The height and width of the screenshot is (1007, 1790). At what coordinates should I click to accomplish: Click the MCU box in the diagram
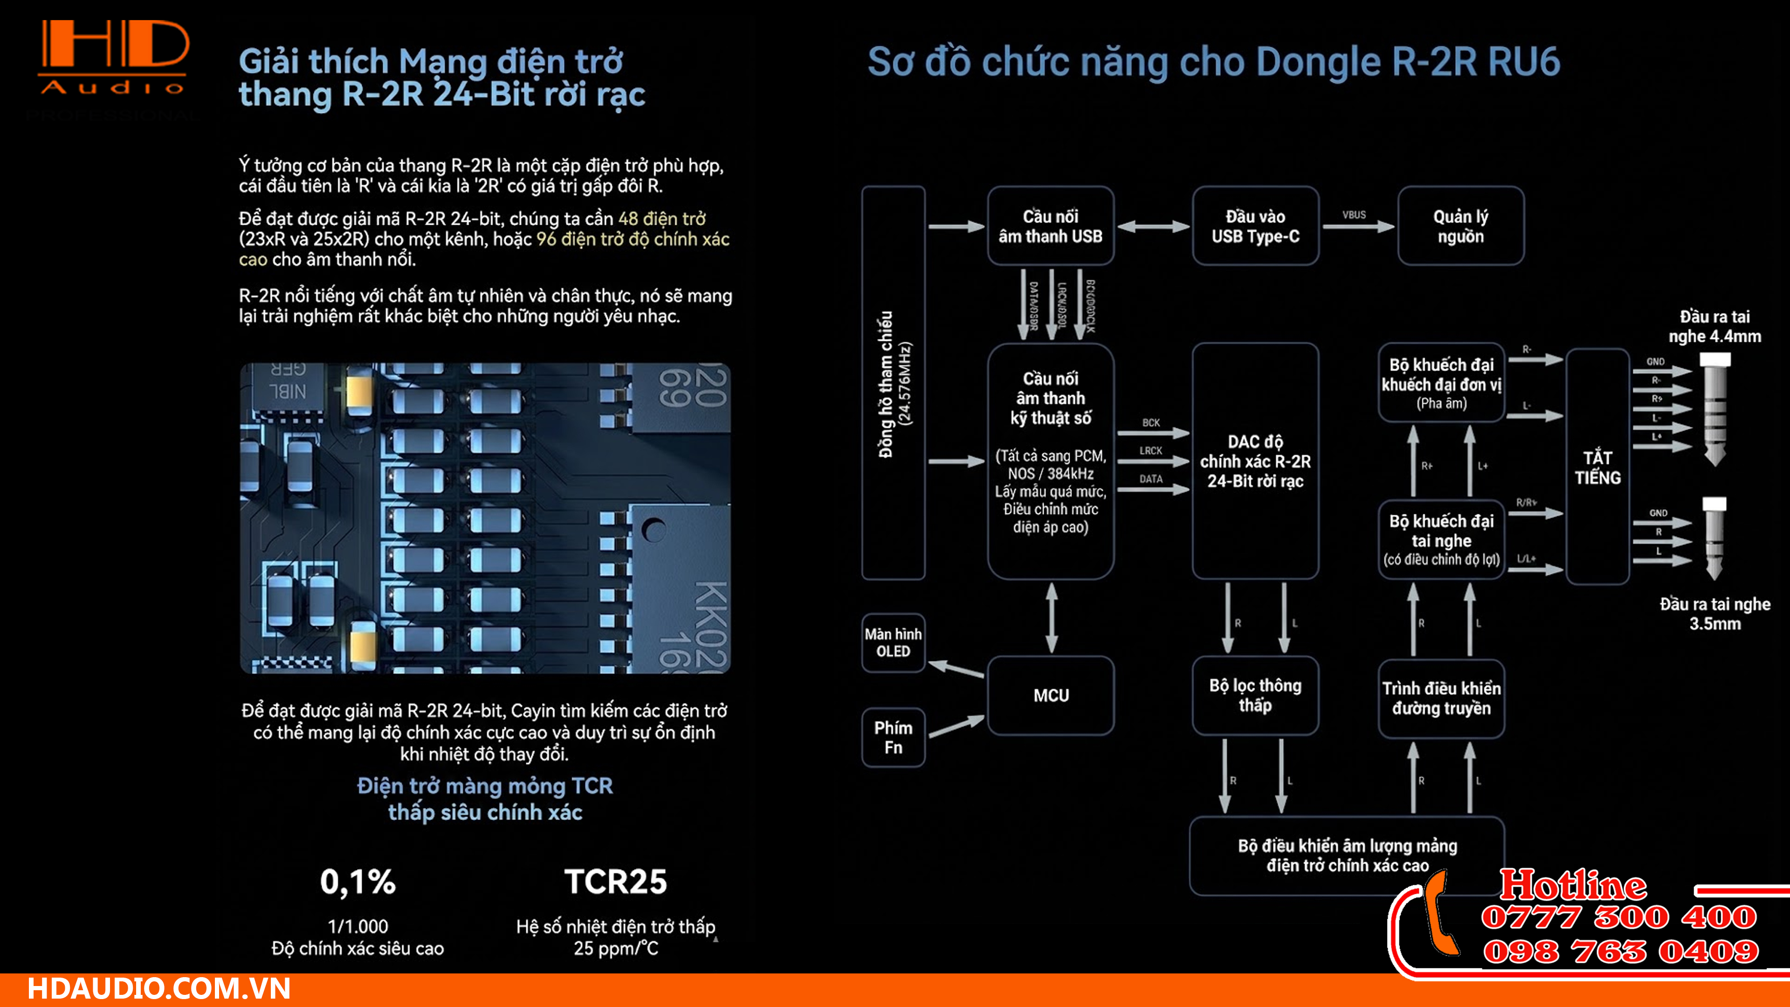pyautogui.click(x=1051, y=695)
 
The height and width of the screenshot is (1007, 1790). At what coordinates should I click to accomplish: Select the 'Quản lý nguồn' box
pyautogui.click(x=1460, y=226)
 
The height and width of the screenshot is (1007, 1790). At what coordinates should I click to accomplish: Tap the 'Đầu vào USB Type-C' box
pyautogui.click(x=1255, y=226)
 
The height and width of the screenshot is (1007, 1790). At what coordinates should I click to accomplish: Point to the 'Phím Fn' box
pyautogui.click(x=893, y=738)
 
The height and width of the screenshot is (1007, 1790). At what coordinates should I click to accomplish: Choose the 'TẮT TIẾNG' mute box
pyautogui.click(x=1597, y=467)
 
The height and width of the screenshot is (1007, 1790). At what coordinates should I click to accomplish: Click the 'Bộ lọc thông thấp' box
pyautogui.click(x=1255, y=695)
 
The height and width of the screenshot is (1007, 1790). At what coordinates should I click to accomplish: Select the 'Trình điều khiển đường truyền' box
pyautogui.click(x=1441, y=698)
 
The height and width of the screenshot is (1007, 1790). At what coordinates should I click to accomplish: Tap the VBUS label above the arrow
pyautogui.click(x=1354, y=215)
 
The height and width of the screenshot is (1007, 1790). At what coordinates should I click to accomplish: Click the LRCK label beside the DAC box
pyautogui.click(x=1151, y=450)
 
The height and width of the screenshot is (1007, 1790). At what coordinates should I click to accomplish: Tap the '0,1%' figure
pyautogui.click(x=358, y=882)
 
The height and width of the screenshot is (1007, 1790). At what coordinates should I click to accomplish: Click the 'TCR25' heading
pyautogui.click(x=615, y=882)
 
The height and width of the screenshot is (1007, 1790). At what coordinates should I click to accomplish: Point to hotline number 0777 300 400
pyautogui.click(x=1619, y=917)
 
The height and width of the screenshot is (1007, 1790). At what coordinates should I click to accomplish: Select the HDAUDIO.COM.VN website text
pyautogui.click(x=158, y=989)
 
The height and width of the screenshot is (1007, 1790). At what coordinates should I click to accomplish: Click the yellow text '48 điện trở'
pyautogui.click(x=661, y=219)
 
